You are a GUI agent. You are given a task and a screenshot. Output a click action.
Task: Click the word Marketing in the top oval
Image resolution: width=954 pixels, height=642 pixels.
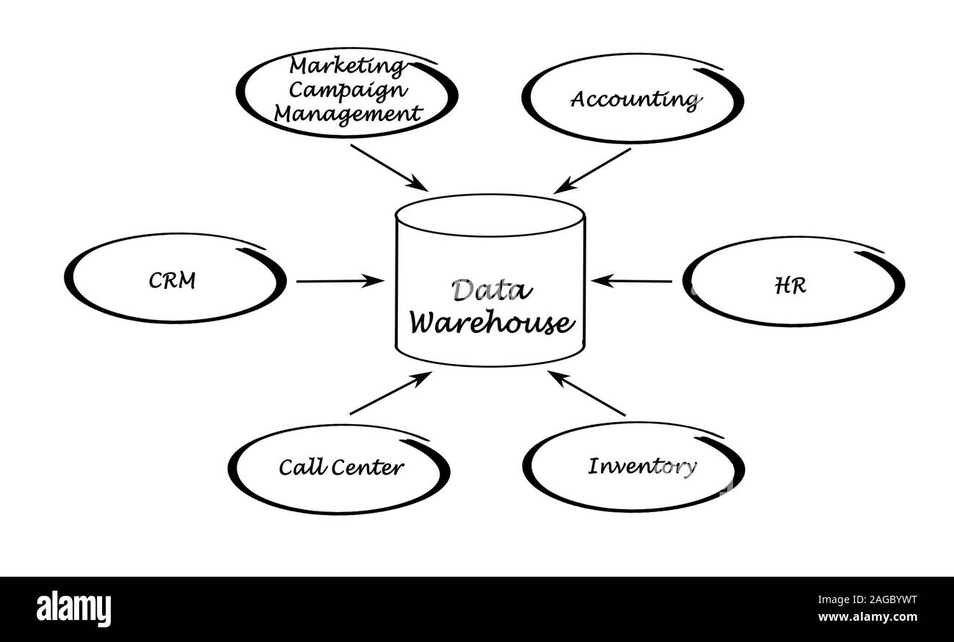(346, 66)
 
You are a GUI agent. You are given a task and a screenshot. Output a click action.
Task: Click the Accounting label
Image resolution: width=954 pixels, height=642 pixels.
(633, 99)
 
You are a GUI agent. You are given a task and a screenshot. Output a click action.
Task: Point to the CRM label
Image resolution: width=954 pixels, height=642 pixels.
(172, 280)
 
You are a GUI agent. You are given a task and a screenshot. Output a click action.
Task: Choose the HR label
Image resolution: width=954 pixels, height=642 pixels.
(790, 285)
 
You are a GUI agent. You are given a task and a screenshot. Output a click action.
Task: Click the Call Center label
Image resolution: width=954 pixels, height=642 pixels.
(341, 467)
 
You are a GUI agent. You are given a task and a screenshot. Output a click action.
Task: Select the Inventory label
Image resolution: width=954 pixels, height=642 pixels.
(641, 467)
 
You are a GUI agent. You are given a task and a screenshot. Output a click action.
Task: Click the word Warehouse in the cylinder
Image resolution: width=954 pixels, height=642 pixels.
(490, 323)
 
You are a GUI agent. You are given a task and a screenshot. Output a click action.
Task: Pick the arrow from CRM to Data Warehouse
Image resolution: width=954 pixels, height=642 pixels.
(340, 280)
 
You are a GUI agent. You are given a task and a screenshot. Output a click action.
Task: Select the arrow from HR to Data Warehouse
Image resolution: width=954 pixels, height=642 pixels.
(632, 280)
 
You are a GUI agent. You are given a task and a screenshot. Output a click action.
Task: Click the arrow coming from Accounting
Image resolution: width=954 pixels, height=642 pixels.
(592, 171)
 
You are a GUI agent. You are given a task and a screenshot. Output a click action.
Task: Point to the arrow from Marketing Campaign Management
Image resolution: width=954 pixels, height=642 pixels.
(389, 167)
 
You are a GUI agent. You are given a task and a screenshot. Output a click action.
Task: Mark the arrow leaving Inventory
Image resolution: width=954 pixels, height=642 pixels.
(587, 393)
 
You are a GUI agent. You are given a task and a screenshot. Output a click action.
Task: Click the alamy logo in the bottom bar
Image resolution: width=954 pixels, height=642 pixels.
(73, 609)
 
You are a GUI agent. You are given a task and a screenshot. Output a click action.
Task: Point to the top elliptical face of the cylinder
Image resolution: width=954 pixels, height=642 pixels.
(490, 216)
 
